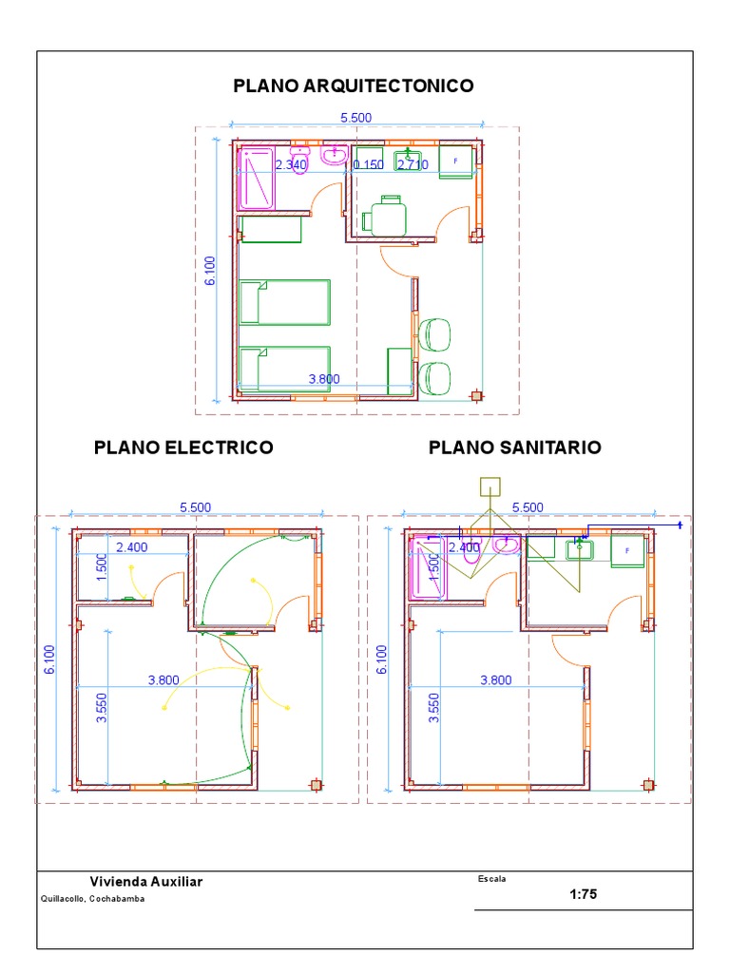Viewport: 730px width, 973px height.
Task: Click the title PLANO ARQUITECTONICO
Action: [x=354, y=86]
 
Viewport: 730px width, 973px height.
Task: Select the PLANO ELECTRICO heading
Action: [x=183, y=448]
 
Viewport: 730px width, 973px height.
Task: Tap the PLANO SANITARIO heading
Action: [x=514, y=448]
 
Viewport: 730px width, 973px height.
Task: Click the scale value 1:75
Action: [x=583, y=894]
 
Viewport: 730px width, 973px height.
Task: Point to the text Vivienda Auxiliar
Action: [x=145, y=882]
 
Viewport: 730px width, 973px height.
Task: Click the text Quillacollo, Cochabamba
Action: [x=92, y=899]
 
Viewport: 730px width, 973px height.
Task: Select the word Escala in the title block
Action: [x=491, y=879]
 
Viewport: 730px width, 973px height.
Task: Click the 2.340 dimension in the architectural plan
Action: [x=291, y=164]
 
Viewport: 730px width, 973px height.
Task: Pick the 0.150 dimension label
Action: [x=369, y=164]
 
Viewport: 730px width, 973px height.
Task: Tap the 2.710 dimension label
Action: [x=413, y=164]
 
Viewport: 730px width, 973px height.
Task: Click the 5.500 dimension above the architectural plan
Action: [x=355, y=117]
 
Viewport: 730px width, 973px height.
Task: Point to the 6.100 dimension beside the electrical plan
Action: [x=49, y=659]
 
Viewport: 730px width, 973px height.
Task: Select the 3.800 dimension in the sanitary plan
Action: [x=496, y=680]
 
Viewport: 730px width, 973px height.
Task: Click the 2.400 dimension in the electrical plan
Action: [x=132, y=547]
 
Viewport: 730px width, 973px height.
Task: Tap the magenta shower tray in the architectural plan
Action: [x=256, y=179]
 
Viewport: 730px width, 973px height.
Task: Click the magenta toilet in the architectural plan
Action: [x=299, y=159]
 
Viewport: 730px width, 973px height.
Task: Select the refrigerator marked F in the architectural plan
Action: [x=456, y=162]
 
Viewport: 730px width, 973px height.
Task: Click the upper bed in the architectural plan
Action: [x=285, y=302]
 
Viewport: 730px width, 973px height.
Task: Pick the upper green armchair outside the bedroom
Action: [x=435, y=335]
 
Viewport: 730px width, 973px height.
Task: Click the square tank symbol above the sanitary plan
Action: [x=490, y=487]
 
